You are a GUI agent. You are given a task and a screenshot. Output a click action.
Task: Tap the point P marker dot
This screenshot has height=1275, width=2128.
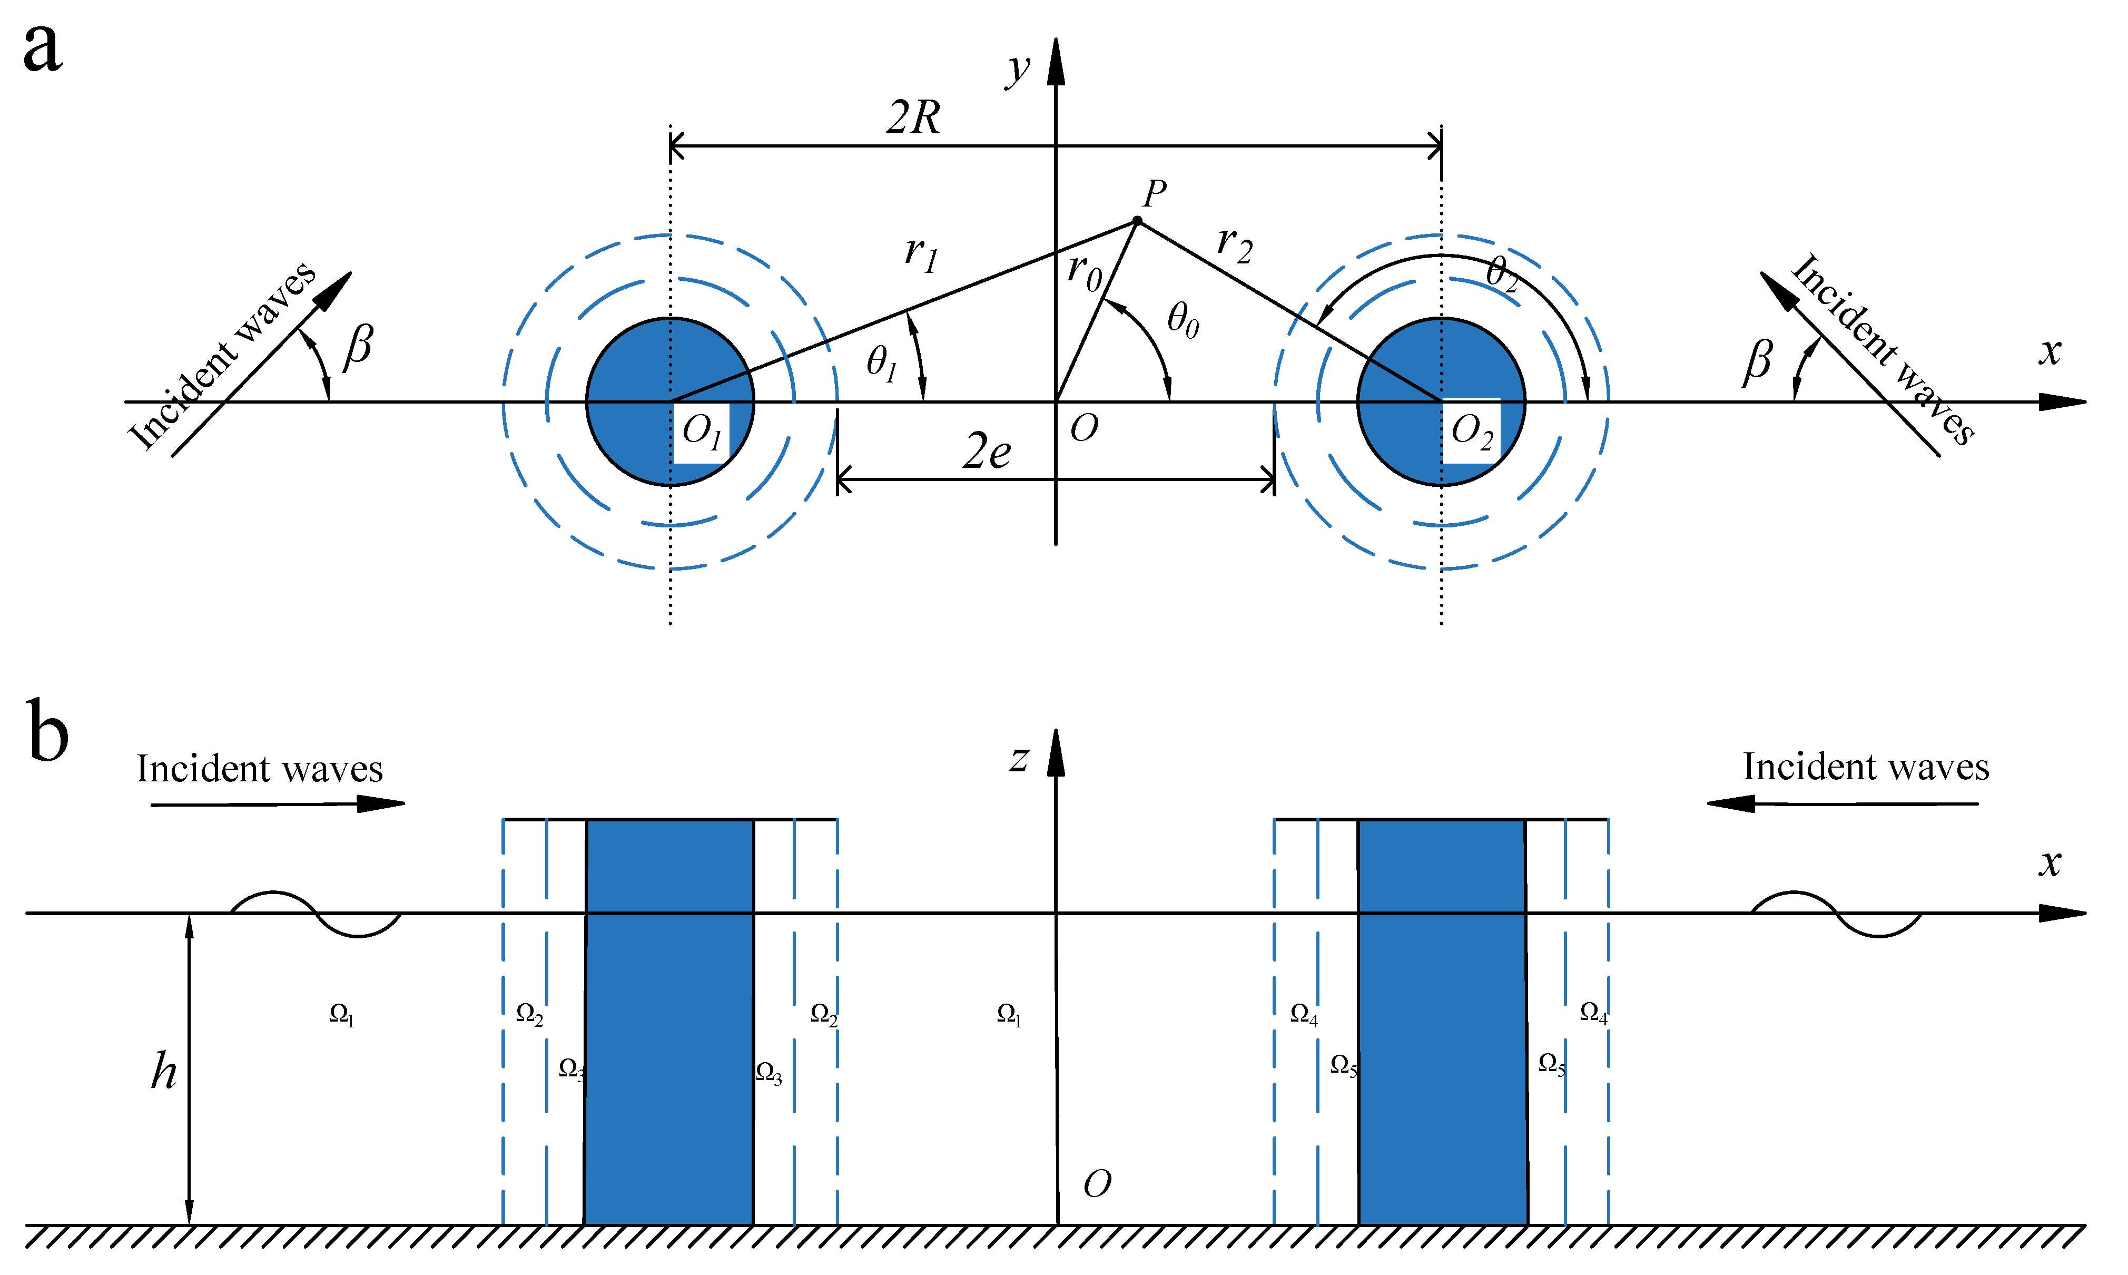(x=1137, y=221)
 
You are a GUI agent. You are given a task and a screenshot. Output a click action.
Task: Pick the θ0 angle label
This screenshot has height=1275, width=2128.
(x=1183, y=320)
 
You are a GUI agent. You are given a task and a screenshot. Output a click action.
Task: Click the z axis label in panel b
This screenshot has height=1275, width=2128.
(x=1019, y=759)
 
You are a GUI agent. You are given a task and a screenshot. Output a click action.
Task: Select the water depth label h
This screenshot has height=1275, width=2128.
(x=164, y=1072)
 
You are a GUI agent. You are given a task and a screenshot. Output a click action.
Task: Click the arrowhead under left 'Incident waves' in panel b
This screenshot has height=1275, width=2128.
(x=380, y=803)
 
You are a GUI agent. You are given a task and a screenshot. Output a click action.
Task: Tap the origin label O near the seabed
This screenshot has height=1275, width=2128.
(x=1097, y=1184)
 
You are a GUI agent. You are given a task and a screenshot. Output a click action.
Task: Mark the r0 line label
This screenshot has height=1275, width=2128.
(x=1083, y=271)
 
